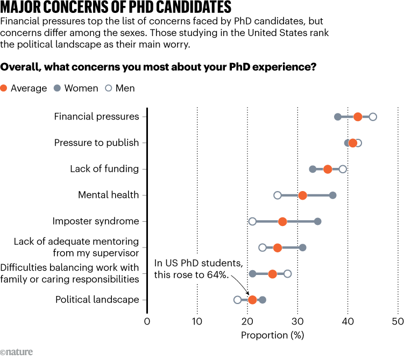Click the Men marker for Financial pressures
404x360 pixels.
click(x=373, y=117)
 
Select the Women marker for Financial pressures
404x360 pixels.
click(x=338, y=117)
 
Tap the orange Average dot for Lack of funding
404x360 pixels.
click(x=328, y=169)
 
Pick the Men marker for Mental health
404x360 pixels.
click(x=278, y=195)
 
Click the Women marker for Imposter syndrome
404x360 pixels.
click(x=318, y=221)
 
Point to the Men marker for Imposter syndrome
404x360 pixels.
click(x=252, y=221)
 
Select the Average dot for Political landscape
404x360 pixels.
click(x=252, y=300)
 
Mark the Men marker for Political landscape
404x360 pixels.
click(x=237, y=300)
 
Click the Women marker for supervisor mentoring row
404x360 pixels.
click(x=303, y=248)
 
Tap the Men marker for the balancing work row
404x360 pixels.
click(x=288, y=274)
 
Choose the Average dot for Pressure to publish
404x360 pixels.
click(x=353, y=143)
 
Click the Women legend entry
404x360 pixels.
click(x=76, y=88)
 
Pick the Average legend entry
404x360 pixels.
click(x=24, y=88)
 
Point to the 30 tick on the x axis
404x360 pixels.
click(x=297, y=322)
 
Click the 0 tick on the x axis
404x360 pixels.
click(x=147, y=322)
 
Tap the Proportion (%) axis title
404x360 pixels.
click(x=272, y=336)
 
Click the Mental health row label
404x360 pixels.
click(x=108, y=195)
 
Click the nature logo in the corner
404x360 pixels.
click(x=17, y=352)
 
